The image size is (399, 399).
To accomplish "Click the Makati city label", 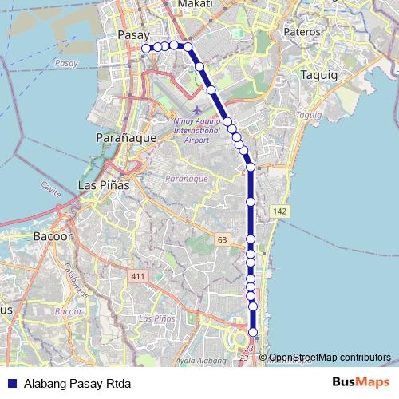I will (x=196, y=5).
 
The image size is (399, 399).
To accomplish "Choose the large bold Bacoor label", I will (x=53, y=237).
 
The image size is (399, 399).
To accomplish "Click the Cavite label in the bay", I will (x=51, y=185).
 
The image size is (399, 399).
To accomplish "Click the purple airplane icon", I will (x=197, y=109).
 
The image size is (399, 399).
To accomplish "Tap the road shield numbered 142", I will (x=279, y=211).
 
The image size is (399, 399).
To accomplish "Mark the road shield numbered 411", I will (x=139, y=275).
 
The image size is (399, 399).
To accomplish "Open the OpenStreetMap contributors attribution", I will (x=330, y=358).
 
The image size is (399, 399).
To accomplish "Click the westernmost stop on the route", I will (x=146, y=49).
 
